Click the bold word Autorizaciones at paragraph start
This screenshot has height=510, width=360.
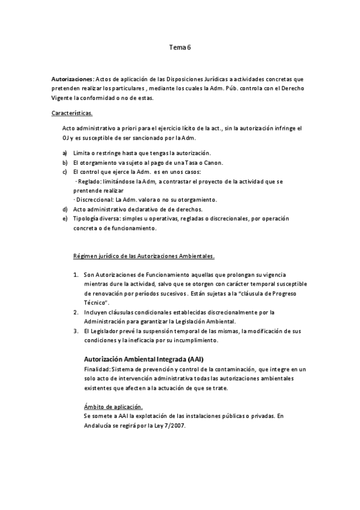[72, 79]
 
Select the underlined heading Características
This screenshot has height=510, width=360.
[72, 112]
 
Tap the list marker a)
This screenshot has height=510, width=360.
[65, 153]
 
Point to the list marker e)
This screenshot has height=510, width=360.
[65, 218]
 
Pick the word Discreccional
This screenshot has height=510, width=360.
[98, 200]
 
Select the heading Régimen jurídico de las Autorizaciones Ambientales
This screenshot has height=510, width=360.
[144, 256]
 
